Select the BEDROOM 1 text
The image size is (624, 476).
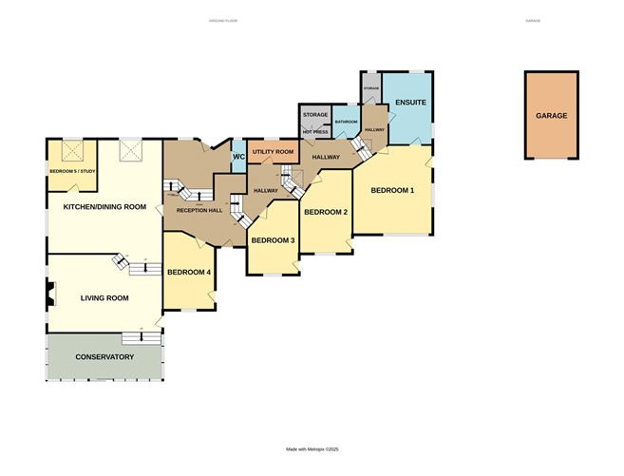pos(392,190)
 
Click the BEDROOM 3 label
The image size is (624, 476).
pos(273,240)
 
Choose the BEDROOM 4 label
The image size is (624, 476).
pos(188,273)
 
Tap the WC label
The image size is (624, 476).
pos(239,156)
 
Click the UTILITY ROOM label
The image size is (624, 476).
pos(274,152)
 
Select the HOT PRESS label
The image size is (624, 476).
pos(314,132)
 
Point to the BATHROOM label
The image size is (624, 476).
pos(346,122)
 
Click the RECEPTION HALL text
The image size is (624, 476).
pos(199,210)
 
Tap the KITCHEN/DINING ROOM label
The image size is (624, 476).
pos(104,206)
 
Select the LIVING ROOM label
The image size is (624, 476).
pos(104,297)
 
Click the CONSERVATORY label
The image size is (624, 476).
pos(104,357)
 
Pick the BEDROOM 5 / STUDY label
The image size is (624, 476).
pos(73,171)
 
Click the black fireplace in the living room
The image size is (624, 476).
pos(48,297)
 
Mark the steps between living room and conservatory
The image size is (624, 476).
pos(140,337)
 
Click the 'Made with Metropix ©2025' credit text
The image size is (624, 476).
pos(312,449)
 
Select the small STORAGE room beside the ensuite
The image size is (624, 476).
pos(370,87)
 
